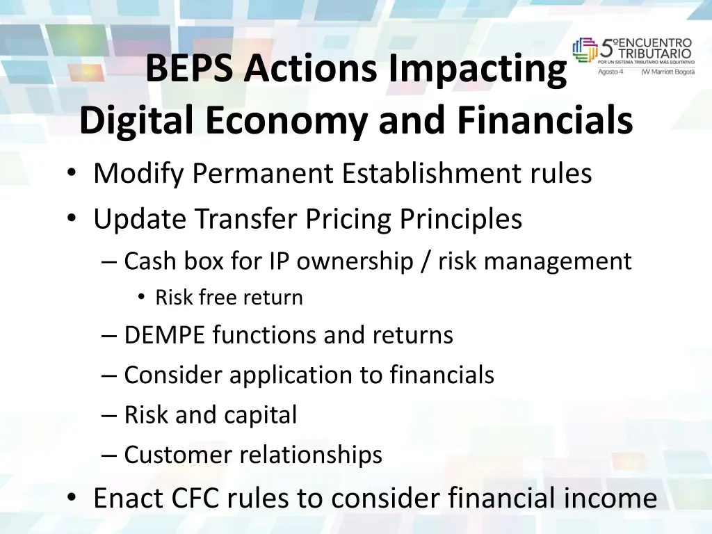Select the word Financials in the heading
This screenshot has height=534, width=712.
click(x=545, y=121)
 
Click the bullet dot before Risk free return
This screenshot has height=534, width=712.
click(x=141, y=298)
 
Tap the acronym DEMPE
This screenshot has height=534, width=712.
click(x=165, y=335)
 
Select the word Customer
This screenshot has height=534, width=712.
click(x=179, y=455)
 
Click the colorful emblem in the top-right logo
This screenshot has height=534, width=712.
click(x=585, y=50)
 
